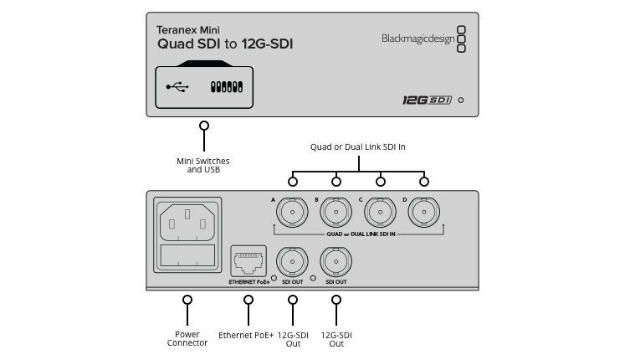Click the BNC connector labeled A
pyautogui.click(x=292, y=214)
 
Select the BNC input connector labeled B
pyautogui.click(x=336, y=214)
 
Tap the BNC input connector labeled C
pyautogui.click(x=380, y=214)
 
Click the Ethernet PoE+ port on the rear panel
pyautogui.click(x=246, y=261)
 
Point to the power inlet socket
pyautogui.click(x=187, y=224)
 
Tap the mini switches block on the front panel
pyautogui.click(x=227, y=86)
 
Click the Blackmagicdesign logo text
pyautogui.click(x=417, y=37)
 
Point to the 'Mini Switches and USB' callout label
pyautogui.click(x=202, y=165)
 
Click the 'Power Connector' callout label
pyautogui.click(x=187, y=338)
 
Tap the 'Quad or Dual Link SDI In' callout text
pyautogui.click(x=357, y=147)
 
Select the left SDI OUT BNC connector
pyautogui.click(x=292, y=263)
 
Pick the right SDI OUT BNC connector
pyautogui.click(x=336, y=263)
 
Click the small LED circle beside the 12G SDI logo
pyautogui.click(x=461, y=100)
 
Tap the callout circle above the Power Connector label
pyautogui.click(x=187, y=300)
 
